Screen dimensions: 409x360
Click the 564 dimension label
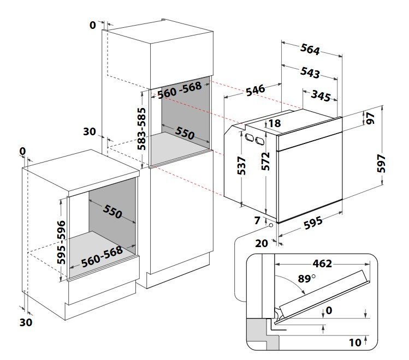point(310,49)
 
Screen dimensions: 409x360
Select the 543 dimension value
point(310,73)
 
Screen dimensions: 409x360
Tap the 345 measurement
point(321,95)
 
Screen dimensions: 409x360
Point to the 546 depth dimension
point(256,90)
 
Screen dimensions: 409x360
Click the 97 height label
point(370,118)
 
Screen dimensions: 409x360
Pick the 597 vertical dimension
point(381,163)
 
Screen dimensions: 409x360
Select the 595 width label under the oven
point(313,223)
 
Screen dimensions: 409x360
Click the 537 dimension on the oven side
point(242,165)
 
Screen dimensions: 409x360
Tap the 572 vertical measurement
point(265,161)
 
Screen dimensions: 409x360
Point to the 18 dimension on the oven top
point(275,123)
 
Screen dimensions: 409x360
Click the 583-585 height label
point(141,129)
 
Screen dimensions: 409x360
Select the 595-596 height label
point(61,242)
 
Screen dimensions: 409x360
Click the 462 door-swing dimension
point(322,263)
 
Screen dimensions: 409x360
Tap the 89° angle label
point(307,279)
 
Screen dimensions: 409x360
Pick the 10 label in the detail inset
point(355,343)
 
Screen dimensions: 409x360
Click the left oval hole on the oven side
point(248,137)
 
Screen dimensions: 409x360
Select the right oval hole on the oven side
point(260,141)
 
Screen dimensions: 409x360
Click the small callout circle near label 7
point(271,225)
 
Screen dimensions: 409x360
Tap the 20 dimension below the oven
point(262,243)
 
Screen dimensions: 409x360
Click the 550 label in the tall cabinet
point(185,133)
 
